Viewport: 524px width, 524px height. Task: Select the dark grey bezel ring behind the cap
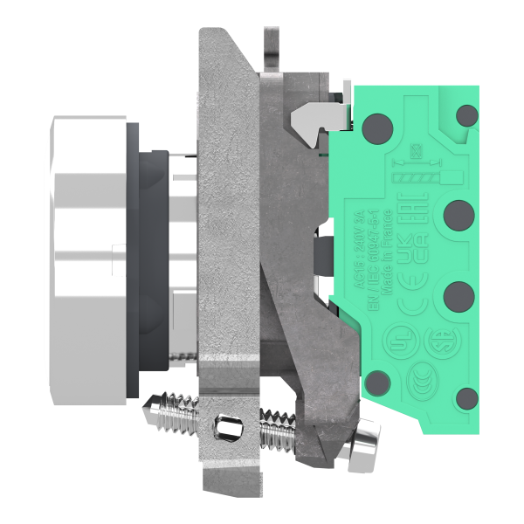coord(133,262)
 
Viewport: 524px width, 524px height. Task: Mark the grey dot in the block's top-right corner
coord(468,114)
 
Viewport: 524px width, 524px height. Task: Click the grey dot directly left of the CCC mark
coord(377,383)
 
